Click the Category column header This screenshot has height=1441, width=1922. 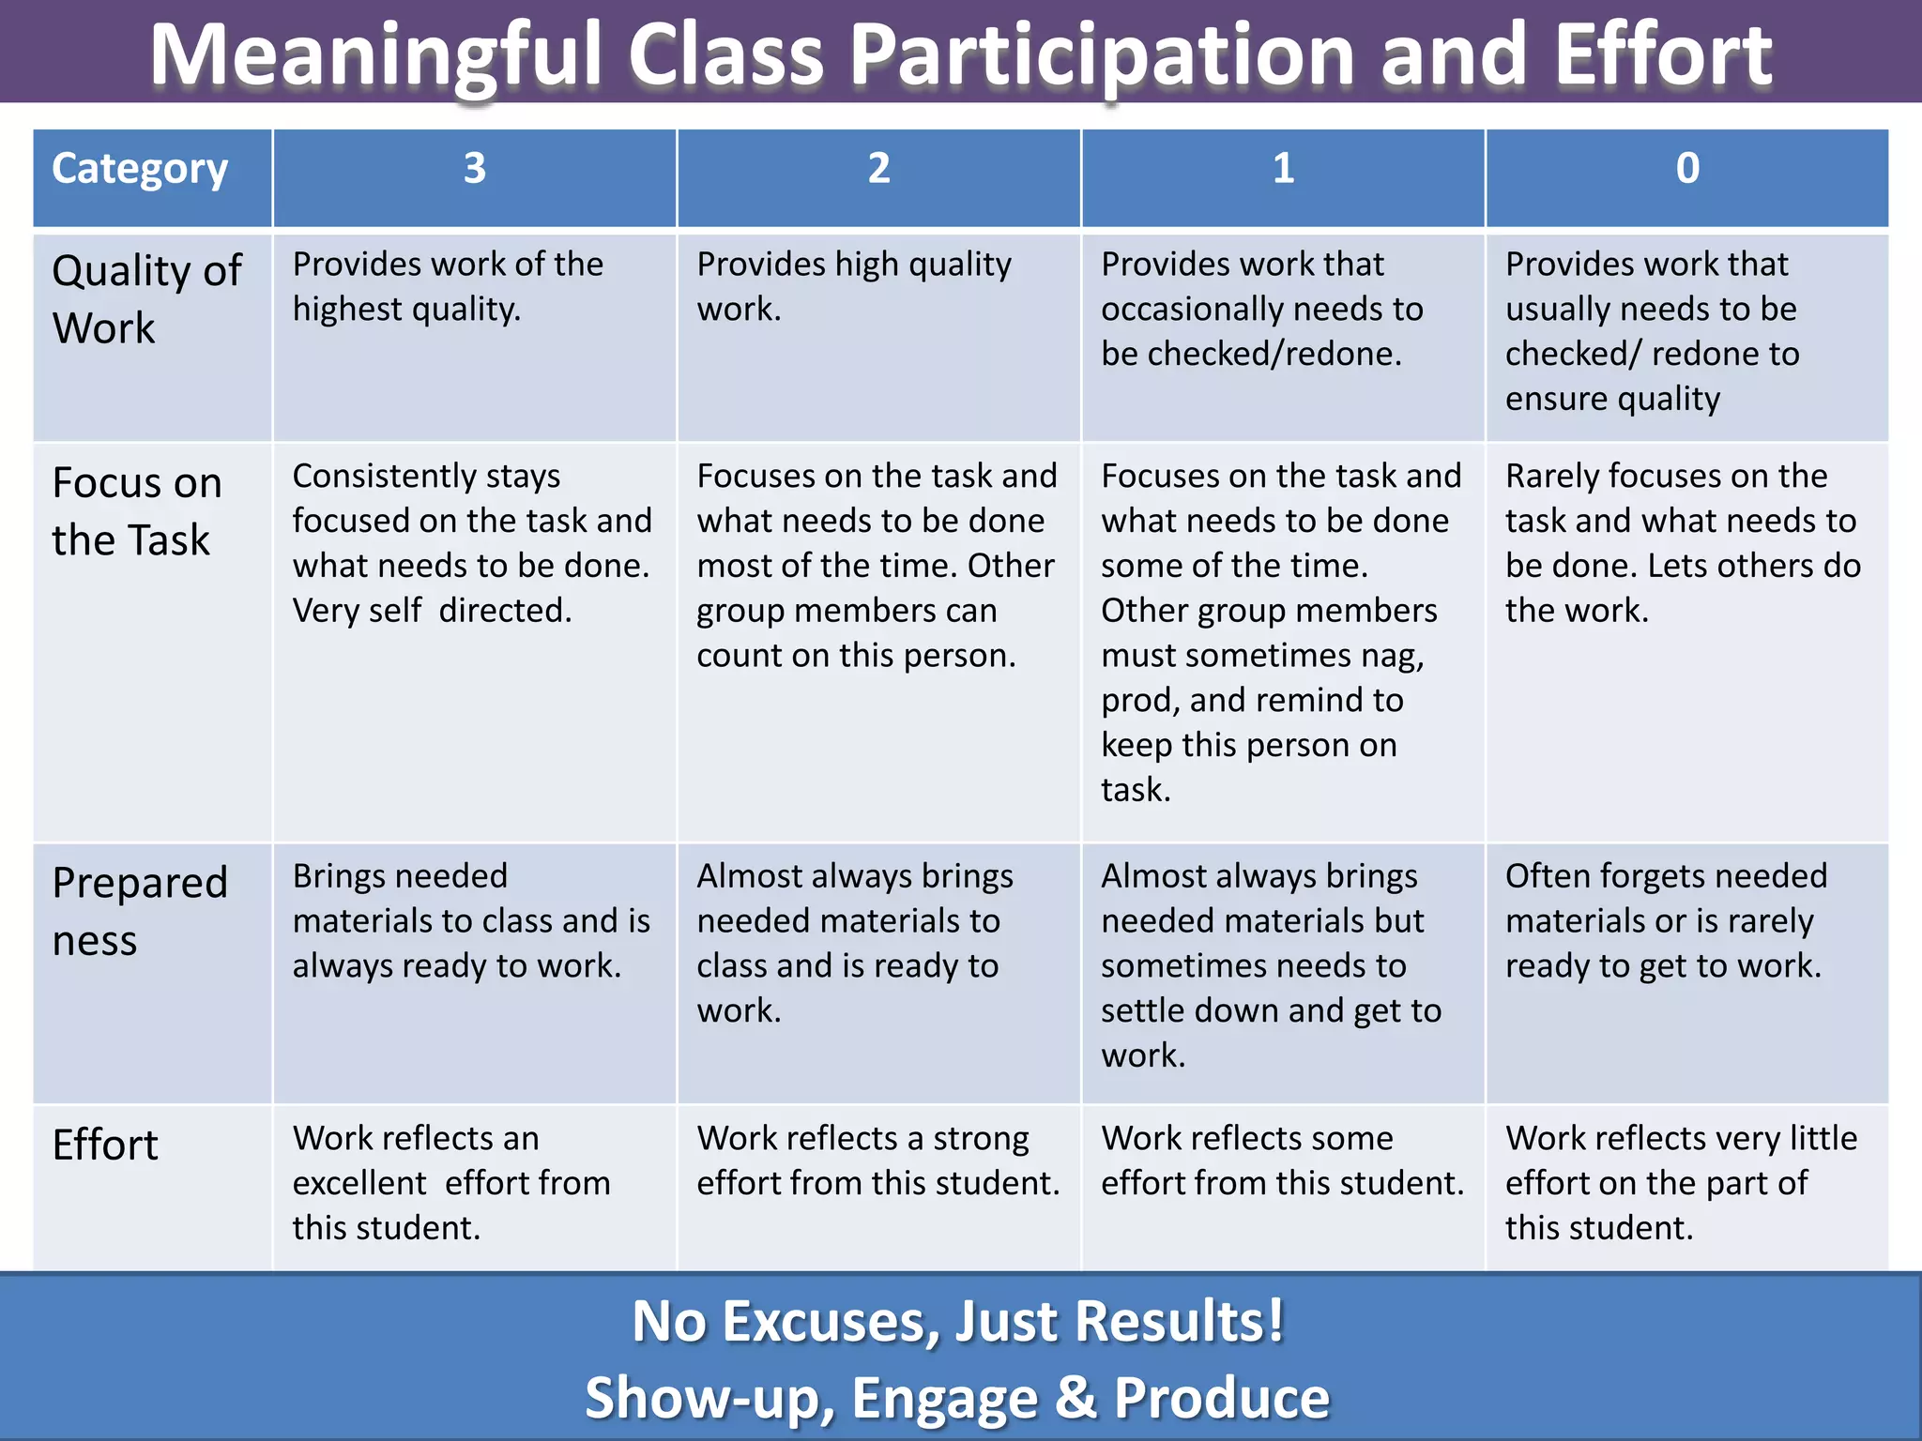coord(140,170)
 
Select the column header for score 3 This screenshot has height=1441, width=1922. coord(474,169)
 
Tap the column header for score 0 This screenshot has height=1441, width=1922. coord(1686,169)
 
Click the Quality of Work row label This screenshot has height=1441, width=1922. coord(146,298)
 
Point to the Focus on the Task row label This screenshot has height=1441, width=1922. coord(137,511)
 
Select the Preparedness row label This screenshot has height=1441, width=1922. coord(140,911)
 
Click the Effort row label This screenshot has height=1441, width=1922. coord(105,1145)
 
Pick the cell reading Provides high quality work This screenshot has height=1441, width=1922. coord(853,286)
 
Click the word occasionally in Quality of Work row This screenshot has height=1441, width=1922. coord(1187,310)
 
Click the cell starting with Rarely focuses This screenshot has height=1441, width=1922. coord(1682,543)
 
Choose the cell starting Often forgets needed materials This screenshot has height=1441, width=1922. coord(1666,920)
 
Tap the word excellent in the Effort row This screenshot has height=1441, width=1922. coord(359,1183)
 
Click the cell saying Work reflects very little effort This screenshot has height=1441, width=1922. coord(1680,1183)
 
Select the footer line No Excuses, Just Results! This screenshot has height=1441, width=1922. coord(957,1321)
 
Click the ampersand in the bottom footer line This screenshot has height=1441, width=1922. coord(1075,1397)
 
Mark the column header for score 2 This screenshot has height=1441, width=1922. coord(878,169)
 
